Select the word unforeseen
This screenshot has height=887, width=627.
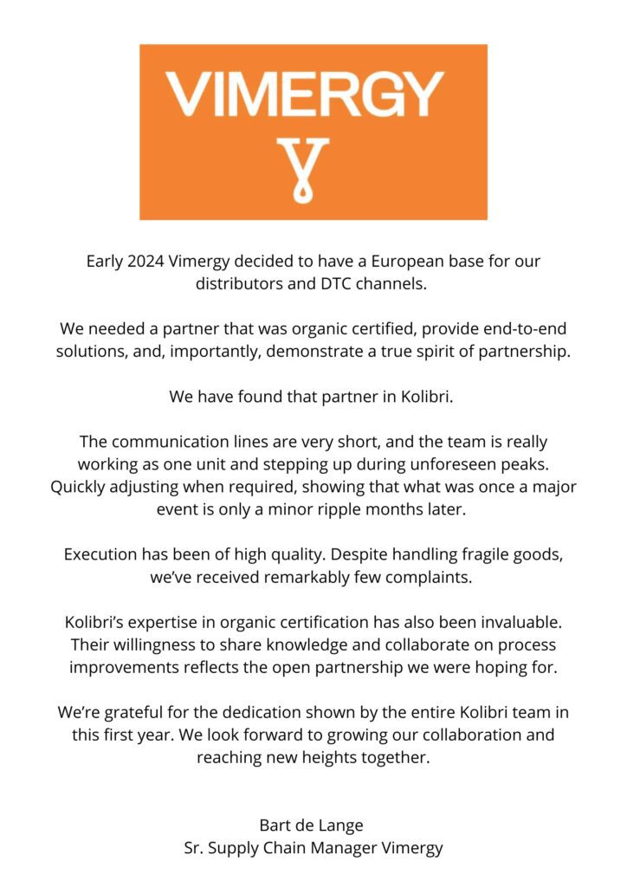[x=444, y=464]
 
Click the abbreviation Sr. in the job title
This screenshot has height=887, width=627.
[x=194, y=847]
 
